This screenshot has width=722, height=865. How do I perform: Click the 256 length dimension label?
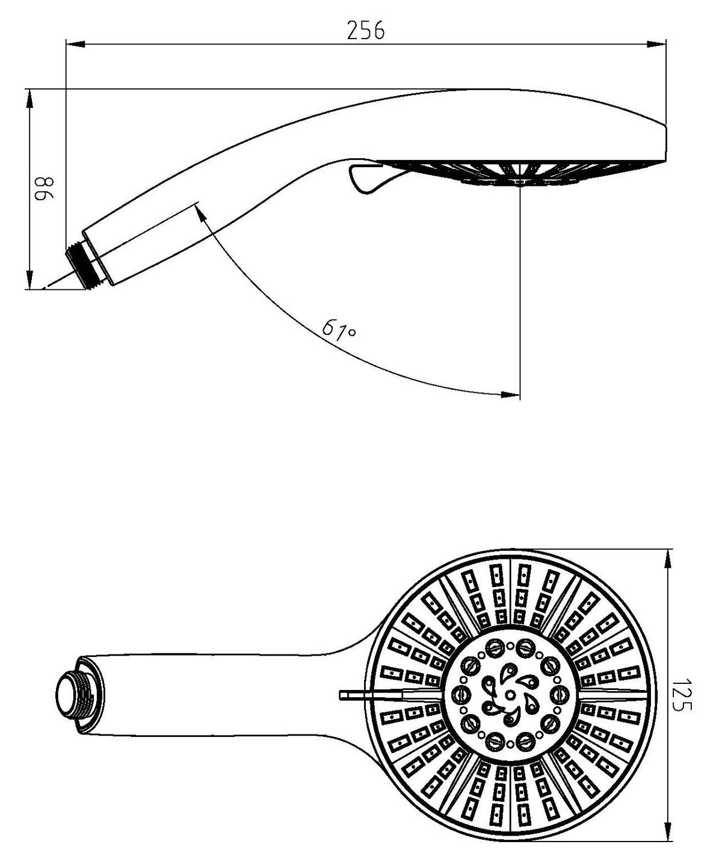pos(366,31)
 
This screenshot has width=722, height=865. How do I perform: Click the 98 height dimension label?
pos(44,189)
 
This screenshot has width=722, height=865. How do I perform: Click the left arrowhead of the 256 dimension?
pos(75,43)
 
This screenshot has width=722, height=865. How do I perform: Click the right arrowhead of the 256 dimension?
pos(657,43)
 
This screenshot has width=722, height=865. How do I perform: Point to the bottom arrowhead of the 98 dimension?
pos(29,279)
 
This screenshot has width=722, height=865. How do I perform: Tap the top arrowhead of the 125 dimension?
pos(667,559)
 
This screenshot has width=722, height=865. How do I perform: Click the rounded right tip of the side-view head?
pos(663,143)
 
